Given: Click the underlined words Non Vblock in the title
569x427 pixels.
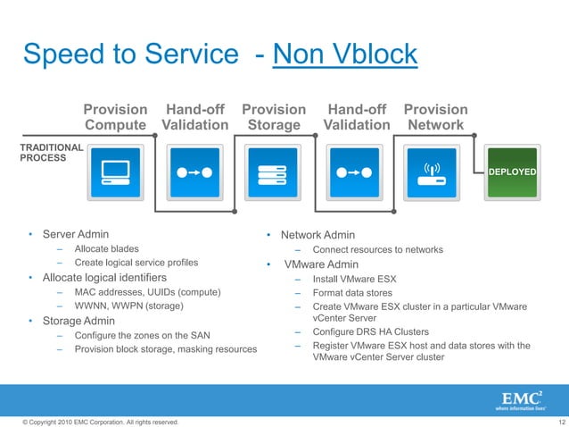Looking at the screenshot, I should [x=344, y=54].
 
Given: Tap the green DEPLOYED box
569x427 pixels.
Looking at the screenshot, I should [x=512, y=172].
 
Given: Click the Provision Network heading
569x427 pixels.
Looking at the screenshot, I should [x=435, y=117].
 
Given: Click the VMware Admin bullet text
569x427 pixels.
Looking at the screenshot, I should [x=321, y=264].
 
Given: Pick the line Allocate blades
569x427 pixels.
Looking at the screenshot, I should [x=106, y=248].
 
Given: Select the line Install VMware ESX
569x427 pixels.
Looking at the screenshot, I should [x=354, y=279].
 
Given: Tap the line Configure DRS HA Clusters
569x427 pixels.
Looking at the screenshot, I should [x=370, y=332].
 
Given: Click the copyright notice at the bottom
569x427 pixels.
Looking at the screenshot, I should [x=94, y=421].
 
